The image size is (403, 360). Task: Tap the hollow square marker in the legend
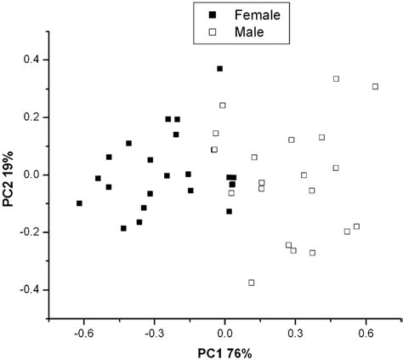click(210, 32)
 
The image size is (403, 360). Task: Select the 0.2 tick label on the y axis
click(36, 117)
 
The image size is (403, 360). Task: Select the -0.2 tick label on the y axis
click(33, 232)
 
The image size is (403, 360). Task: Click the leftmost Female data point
click(79, 203)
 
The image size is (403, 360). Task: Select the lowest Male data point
click(251, 283)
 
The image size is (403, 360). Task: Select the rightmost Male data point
click(375, 87)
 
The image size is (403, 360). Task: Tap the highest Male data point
click(336, 78)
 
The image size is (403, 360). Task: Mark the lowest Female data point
click(123, 228)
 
